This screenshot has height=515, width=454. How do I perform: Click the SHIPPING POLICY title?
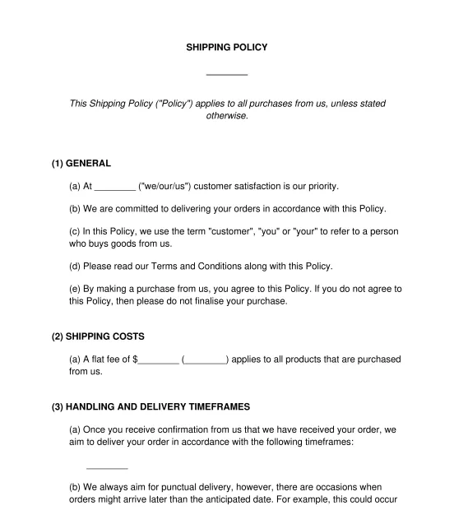pyautogui.click(x=226, y=48)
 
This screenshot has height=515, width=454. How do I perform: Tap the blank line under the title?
pyautogui.click(x=226, y=74)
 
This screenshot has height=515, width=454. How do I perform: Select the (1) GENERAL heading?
pyautogui.click(x=81, y=163)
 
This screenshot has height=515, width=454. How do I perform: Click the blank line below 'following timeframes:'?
pyautogui.click(x=107, y=468)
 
